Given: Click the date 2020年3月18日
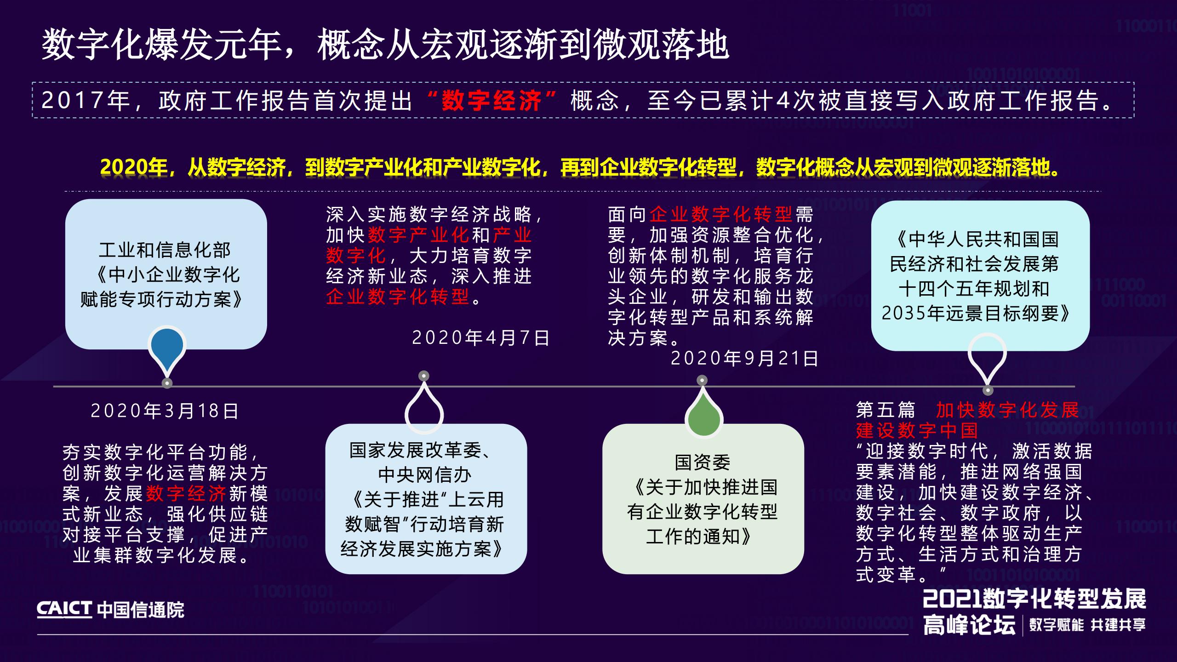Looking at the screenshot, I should click(x=165, y=411).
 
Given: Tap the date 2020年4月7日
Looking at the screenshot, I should click(x=480, y=338).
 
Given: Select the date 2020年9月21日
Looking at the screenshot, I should click(x=744, y=359).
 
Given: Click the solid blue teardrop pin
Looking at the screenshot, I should click(x=167, y=347).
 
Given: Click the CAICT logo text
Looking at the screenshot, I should click(x=64, y=610).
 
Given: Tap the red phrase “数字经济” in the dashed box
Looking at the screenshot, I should click(x=491, y=101).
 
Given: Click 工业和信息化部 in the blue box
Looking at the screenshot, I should click(x=165, y=250).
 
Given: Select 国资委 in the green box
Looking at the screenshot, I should click(x=703, y=462).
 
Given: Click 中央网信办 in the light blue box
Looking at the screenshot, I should click(x=425, y=475).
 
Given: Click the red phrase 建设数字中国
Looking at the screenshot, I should click(x=917, y=431).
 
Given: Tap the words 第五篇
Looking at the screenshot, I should click(x=886, y=410).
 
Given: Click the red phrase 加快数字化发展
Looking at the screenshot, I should click(x=1007, y=410).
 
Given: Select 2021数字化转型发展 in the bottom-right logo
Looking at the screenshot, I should click(x=1034, y=598).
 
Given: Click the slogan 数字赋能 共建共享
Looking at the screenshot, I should click(x=1087, y=625).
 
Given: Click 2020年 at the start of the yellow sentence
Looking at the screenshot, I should click(x=133, y=168).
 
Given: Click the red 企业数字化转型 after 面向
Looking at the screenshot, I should click(x=720, y=214).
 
